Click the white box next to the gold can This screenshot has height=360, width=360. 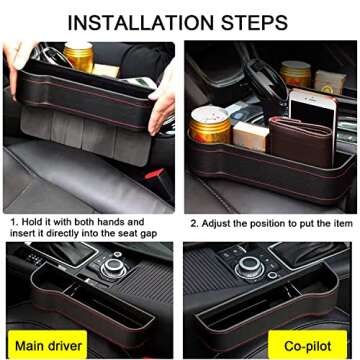[245, 136]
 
